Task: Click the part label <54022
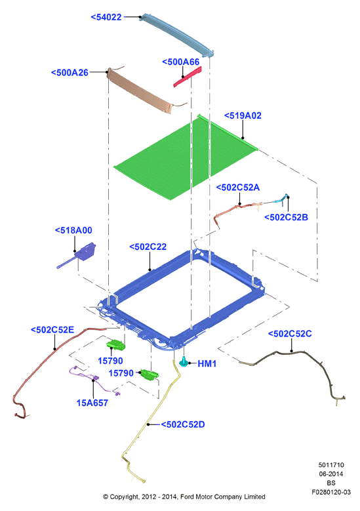coord(106,17)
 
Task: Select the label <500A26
coord(70,73)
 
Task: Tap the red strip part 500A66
coord(188,77)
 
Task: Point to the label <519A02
coord(243,115)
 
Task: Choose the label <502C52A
coord(238,188)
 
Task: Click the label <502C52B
coord(286,217)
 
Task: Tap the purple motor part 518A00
coord(78,255)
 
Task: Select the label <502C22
coord(148,247)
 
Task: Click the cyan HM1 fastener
coord(184,361)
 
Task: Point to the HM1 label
coord(207,363)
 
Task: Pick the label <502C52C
coord(290,334)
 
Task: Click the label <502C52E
coord(52,330)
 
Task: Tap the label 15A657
coord(92,403)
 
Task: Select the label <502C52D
coord(183,424)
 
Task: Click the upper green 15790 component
coord(116,344)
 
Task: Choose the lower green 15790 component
coord(150,375)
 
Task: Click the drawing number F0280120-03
coord(331,492)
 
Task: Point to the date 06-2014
coord(331,474)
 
